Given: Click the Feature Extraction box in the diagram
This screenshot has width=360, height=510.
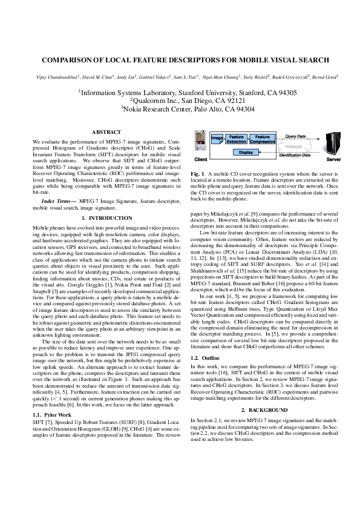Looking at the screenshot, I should point(237,139).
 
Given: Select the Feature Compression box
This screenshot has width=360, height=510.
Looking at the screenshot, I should point(263,139).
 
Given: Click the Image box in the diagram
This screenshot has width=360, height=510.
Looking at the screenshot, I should point(216,139).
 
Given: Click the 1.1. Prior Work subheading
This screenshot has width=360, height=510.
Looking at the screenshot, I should point(48,414).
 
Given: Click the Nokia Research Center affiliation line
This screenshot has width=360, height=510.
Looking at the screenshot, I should point(179,109).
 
